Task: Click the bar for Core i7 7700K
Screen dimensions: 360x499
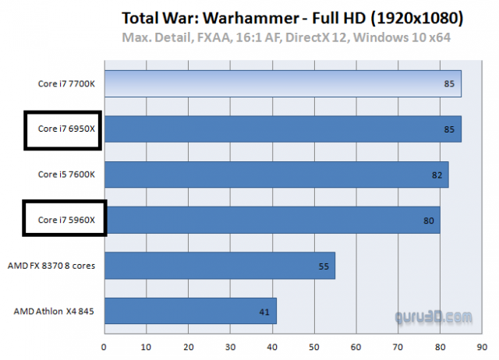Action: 281,84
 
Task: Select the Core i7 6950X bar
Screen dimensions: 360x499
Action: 281,129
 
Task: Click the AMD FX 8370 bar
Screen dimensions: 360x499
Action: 218,266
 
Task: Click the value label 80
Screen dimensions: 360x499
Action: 428,221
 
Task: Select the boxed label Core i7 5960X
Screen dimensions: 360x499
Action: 64,221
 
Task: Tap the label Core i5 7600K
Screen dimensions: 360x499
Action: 66,175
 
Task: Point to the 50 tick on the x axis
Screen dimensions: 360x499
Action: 313,341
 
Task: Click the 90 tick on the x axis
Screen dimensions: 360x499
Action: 482,341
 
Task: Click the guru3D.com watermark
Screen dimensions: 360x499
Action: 432,317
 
